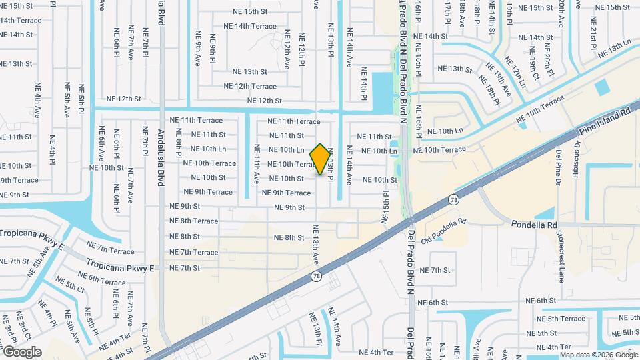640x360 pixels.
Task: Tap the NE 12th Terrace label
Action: coord(250,86)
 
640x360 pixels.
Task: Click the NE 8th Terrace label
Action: coord(193,221)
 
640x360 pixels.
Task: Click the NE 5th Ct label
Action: coord(72,288)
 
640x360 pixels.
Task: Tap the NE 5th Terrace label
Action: coord(564,319)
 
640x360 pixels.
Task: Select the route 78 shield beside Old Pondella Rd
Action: coord(453,199)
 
